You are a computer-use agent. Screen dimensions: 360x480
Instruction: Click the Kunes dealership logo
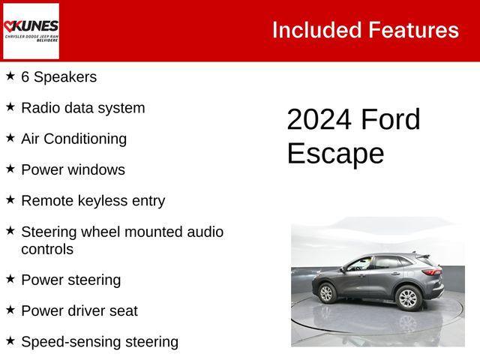(x=31, y=31)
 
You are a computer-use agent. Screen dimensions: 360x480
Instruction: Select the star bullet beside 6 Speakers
(x=10, y=76)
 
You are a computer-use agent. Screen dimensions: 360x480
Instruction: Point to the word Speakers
(x=65, y=77)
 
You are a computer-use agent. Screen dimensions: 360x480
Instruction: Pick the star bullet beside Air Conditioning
(x=10, y=137)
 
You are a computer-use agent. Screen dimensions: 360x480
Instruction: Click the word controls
(x=47, y=249)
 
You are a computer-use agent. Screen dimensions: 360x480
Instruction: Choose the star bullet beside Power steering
(x=10, y=278)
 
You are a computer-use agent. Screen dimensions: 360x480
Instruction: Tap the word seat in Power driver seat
(x=124, y=310)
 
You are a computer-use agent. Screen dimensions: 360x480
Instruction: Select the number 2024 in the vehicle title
(x=319, y=120)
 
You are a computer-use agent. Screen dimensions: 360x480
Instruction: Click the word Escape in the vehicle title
(x=335, y=154)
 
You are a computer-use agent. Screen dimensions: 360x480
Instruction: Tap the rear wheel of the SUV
(x=407, y=298)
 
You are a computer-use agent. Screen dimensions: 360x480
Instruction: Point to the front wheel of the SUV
(x=327, y=291)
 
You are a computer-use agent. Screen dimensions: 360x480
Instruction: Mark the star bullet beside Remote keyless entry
(x=10, y=199)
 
